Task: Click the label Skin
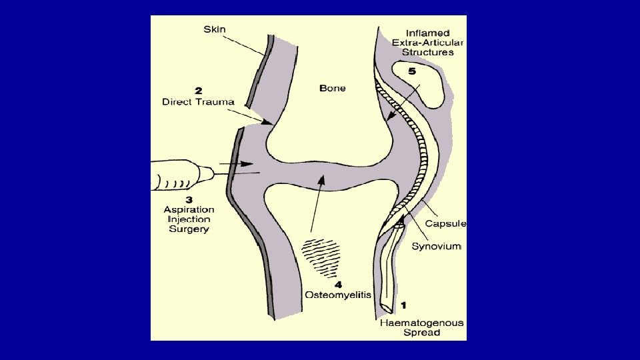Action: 214,29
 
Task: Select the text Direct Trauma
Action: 198,102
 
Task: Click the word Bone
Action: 333,87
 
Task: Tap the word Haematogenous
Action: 421,323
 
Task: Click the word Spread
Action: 422,333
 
